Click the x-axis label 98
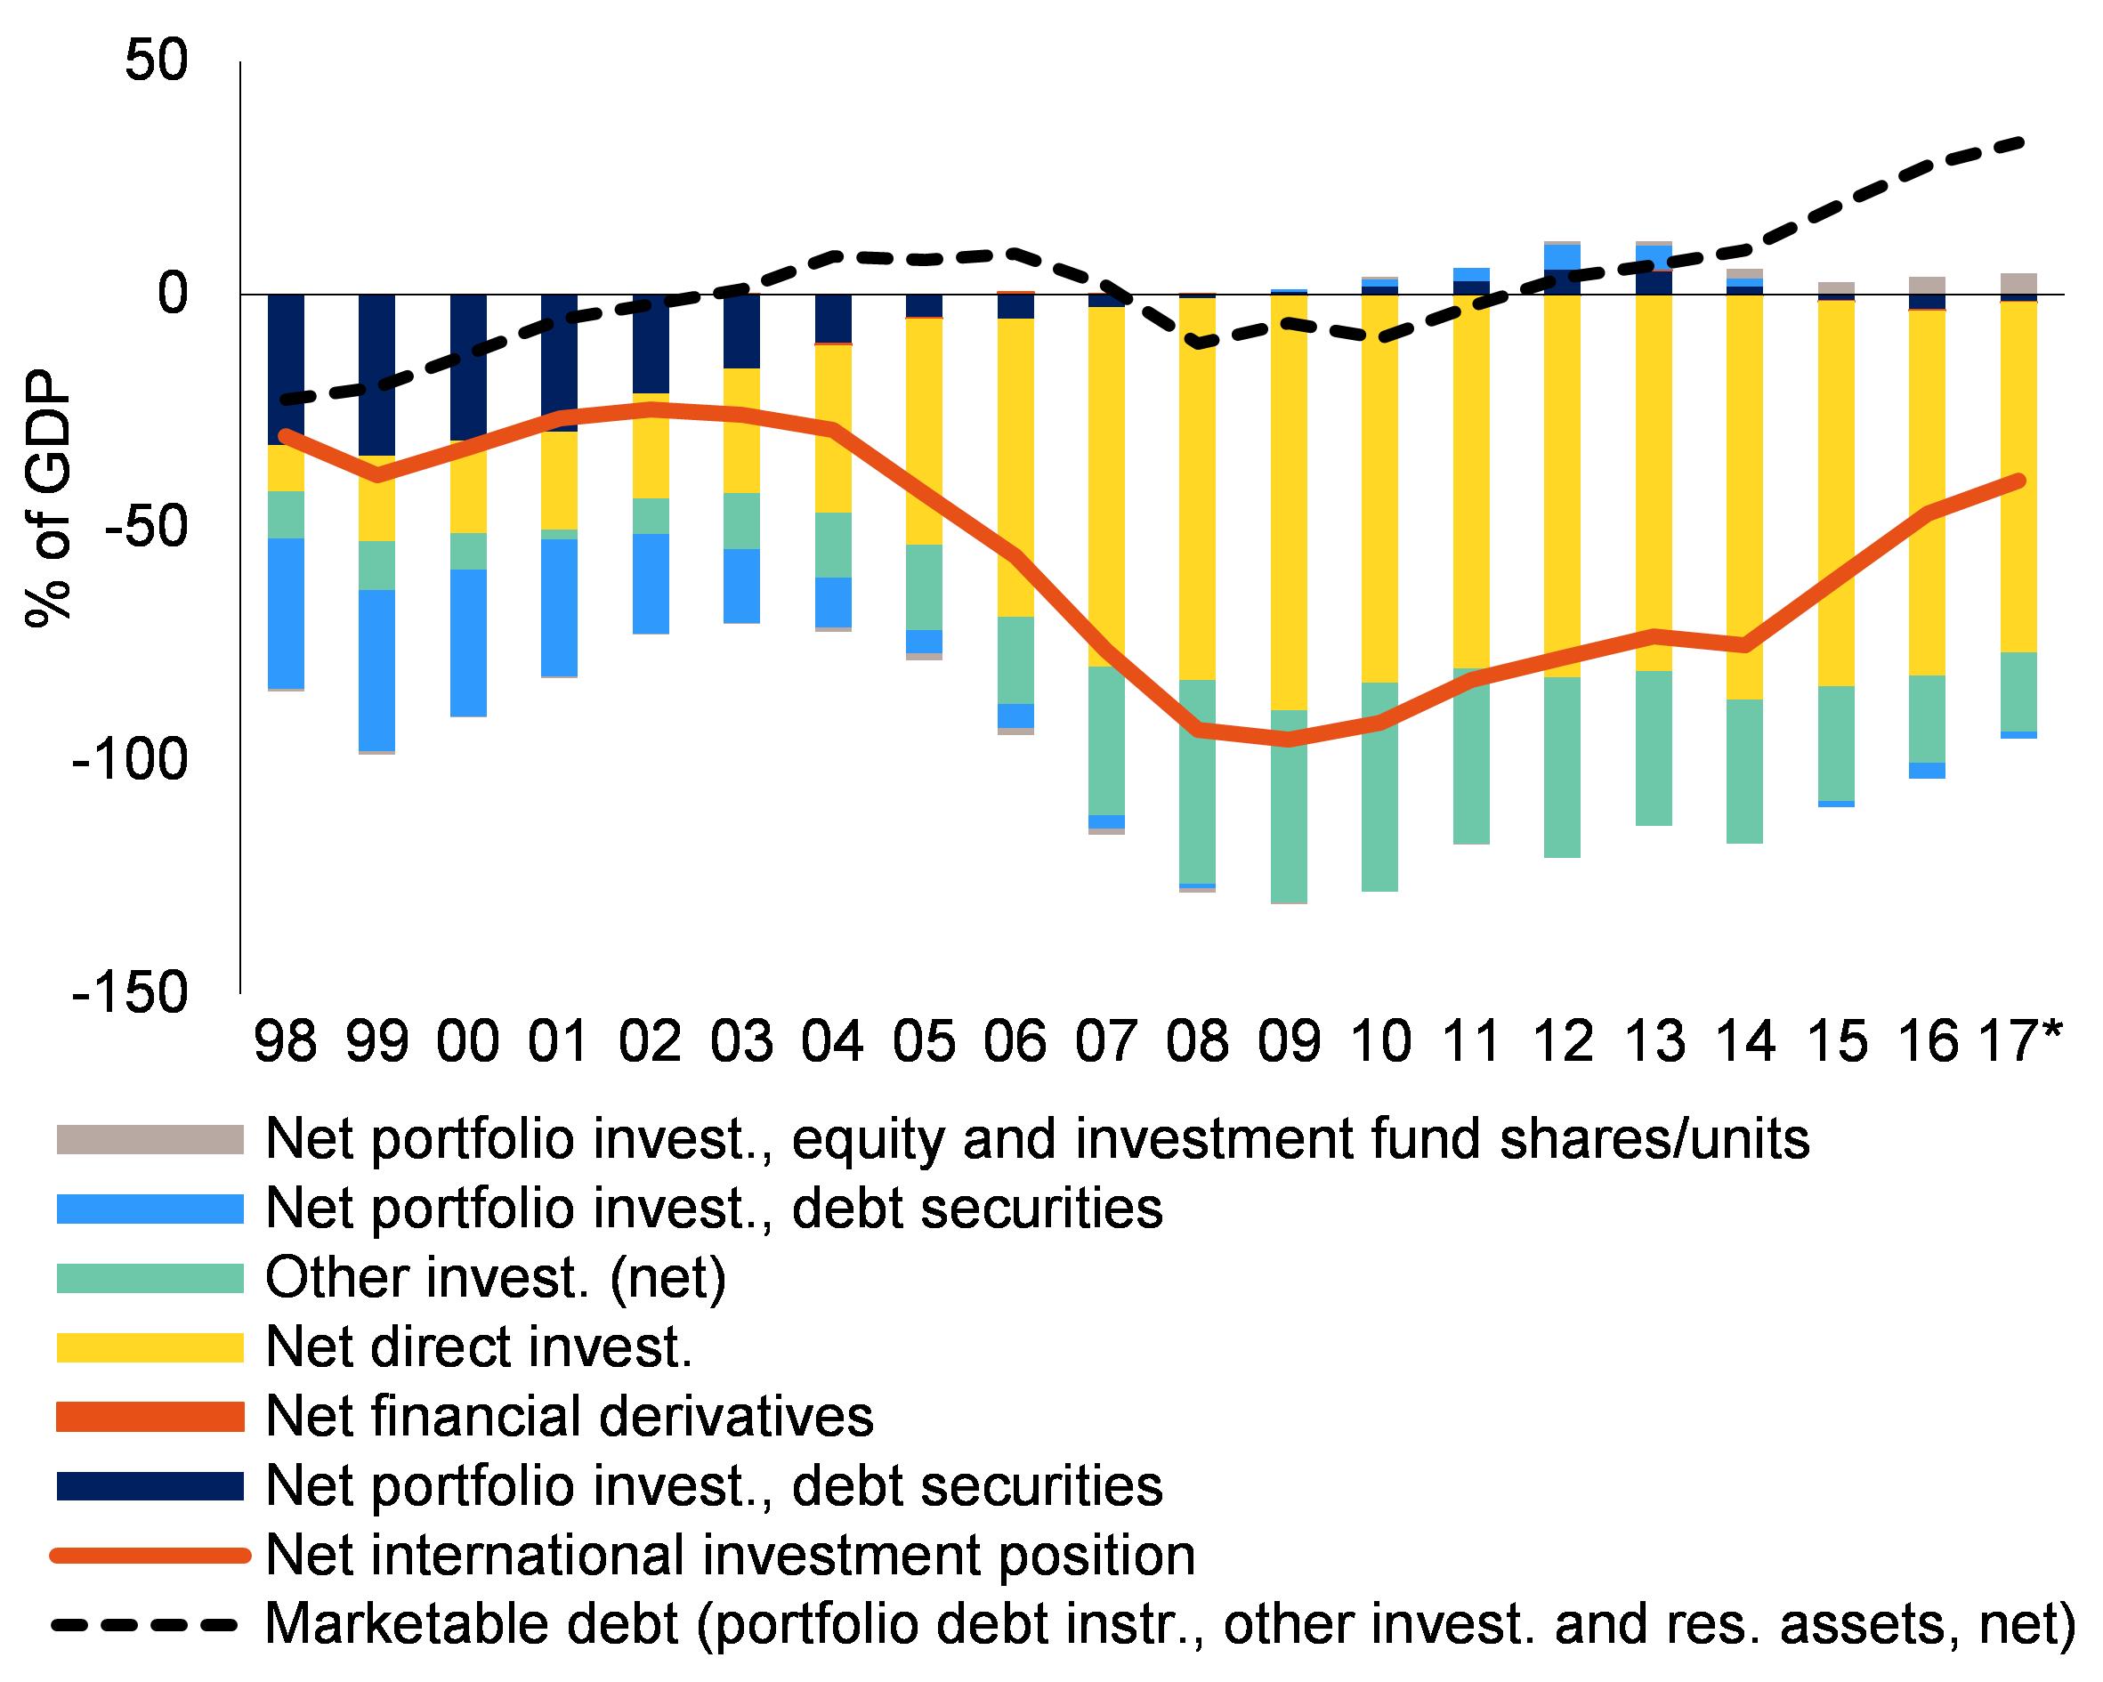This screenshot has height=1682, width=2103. pyautogui.click(x=286, y=1042)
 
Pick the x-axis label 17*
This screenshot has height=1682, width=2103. pyautogui.click(x=2011, y=1042)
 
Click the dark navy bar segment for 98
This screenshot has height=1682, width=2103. pyautogui.click(x=286, y=368)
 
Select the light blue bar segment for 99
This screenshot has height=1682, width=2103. pyautogui.click(x=376, y=669)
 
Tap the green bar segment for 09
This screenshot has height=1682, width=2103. pyautogui.click(x=1290, y=806)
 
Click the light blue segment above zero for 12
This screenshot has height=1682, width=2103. pyautogui.click(x=1563, y=256)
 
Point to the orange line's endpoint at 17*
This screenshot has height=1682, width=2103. pyautogui.click(x=2018, y=480)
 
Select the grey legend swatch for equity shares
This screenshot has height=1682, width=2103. pyautogui.click(x=150, y=1139)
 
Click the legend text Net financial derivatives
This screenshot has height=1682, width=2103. pyautogui.click(x=570, y=1417)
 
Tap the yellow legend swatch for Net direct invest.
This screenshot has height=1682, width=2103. pyautogui.click(x=150, y=1347)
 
